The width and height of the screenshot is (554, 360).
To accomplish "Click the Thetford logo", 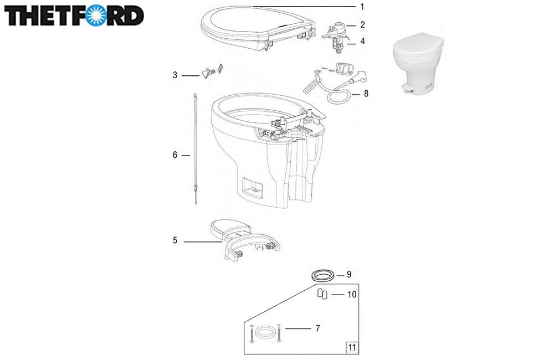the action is click(74, 16).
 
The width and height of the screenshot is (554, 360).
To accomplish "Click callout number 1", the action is click(362, 7).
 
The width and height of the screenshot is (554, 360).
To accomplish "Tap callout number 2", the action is click(362, 25).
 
